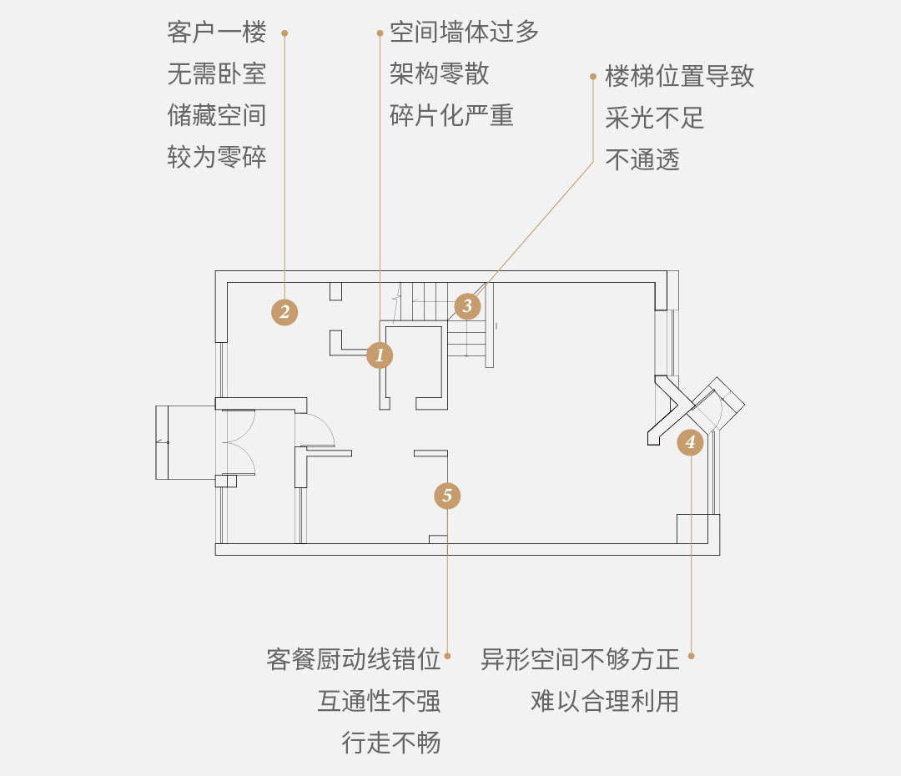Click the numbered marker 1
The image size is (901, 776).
click(380, 355)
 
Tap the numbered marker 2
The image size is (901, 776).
click(284, 312)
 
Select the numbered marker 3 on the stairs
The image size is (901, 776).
click(467, 305)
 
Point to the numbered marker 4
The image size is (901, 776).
click(690, 442)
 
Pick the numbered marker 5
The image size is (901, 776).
click(447, 496)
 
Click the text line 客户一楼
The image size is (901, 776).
click(217, 33)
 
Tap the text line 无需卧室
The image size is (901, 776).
click(217, 74)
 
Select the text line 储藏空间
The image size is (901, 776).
click(217, 115)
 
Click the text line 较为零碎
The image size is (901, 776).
click(217, 158)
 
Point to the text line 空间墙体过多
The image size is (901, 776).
click(465, 33)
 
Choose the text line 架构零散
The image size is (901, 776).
click(440, 74)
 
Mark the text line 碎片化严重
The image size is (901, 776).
click(451, 115)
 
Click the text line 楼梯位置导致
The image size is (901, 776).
click(679, 77)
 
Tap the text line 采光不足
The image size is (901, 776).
click(655, 118)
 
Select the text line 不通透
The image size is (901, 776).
click(642, 160)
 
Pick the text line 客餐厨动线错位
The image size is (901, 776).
click(354, 659)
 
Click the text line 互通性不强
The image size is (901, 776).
click(379, 701)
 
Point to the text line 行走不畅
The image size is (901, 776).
click(391, 743)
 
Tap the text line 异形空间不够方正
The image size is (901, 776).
click(580, 659)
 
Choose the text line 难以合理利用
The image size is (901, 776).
click(605, 701)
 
